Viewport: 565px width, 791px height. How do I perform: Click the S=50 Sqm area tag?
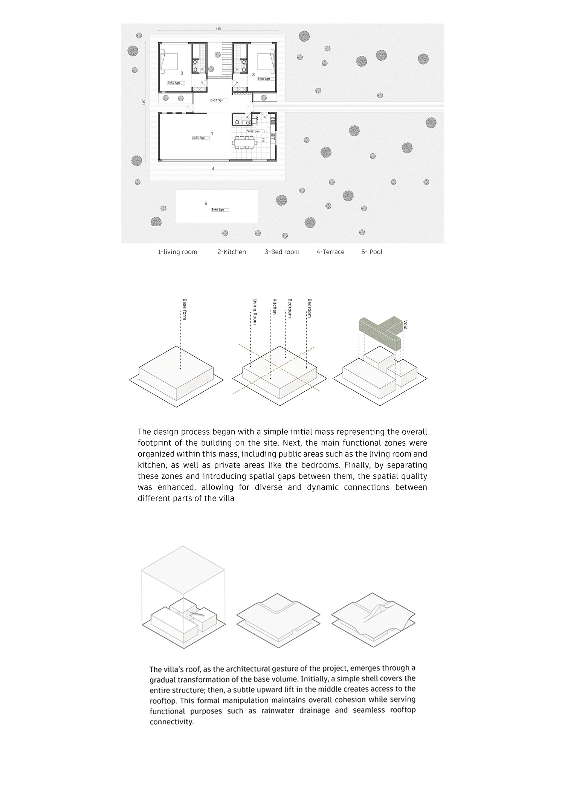pos(198,138)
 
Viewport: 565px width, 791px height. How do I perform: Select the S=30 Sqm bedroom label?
pos(264,79)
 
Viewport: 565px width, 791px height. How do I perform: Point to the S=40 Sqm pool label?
pos(220,210)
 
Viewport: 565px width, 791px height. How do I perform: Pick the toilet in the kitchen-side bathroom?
pos(237,122)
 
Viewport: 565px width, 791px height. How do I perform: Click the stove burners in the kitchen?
pos(273,120)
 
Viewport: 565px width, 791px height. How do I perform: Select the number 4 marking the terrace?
pos(213,169)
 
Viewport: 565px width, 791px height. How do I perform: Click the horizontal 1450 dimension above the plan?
pos(217,28)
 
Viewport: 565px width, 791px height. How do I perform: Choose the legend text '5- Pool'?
pos(372,252)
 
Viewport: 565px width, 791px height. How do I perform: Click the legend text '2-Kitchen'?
pos(231,252)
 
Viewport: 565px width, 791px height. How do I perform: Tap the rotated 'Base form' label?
pos(185,309)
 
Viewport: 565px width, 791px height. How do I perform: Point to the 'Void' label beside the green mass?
pos(405,325)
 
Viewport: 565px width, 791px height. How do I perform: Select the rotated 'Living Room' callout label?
pos(255,312)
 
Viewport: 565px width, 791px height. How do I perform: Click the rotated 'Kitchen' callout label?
pos(275,307)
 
